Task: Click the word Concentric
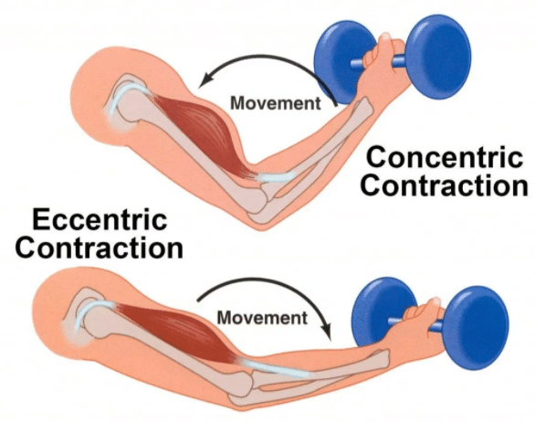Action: [x=444, y=157]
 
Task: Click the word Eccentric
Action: [x=100, y=219]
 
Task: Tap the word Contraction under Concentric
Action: [x=445, y=185]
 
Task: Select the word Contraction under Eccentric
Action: [x=99, y=248]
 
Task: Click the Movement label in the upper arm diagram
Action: [x=276, y=103]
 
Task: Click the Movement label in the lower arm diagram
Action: [x=262, y=318]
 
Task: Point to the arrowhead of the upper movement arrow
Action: [x=205, y=80]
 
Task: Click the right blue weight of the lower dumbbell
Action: [x=477, y=328]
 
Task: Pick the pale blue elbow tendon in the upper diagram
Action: [x=276, y=177]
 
